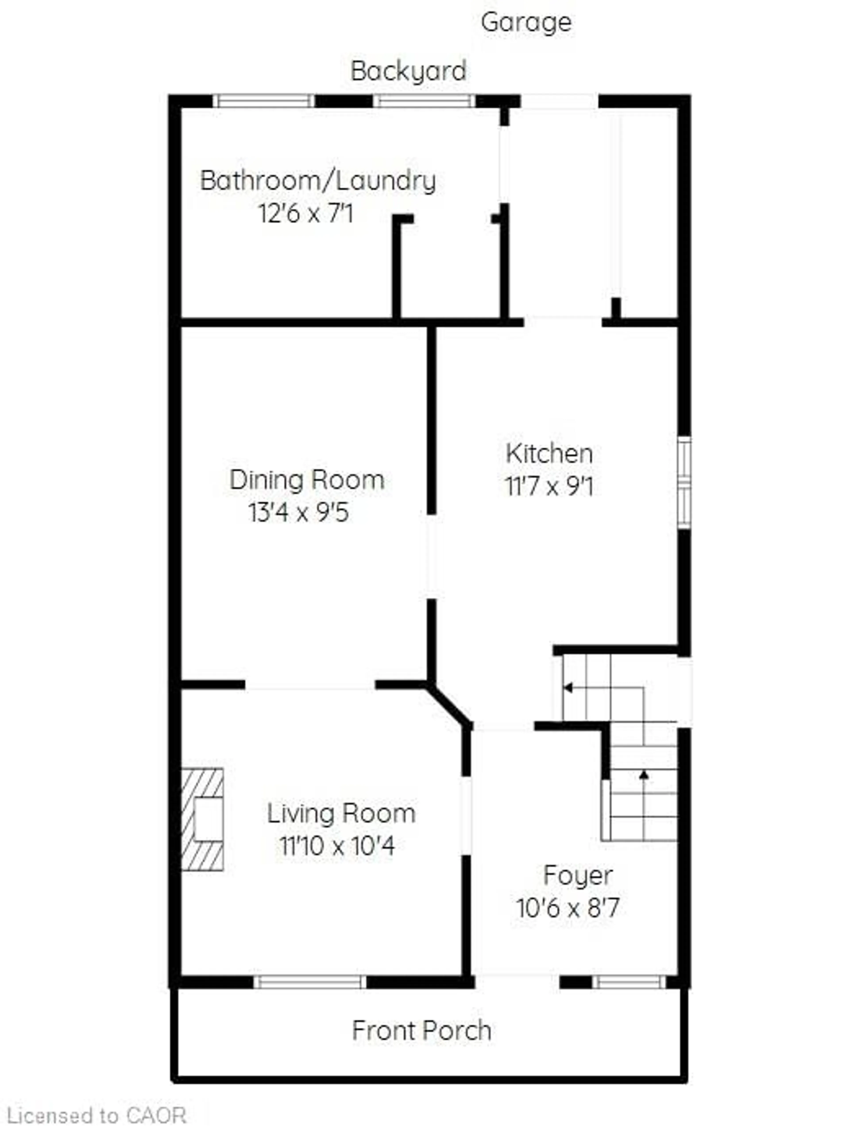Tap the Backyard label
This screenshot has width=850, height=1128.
point(408,71)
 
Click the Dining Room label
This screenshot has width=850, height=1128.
point(306,480)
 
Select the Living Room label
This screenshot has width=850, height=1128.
point(341,813)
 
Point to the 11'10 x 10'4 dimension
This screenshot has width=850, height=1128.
point(337,847)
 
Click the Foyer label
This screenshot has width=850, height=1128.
point(578,876)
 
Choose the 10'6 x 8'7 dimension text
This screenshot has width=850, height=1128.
point(568,908)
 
